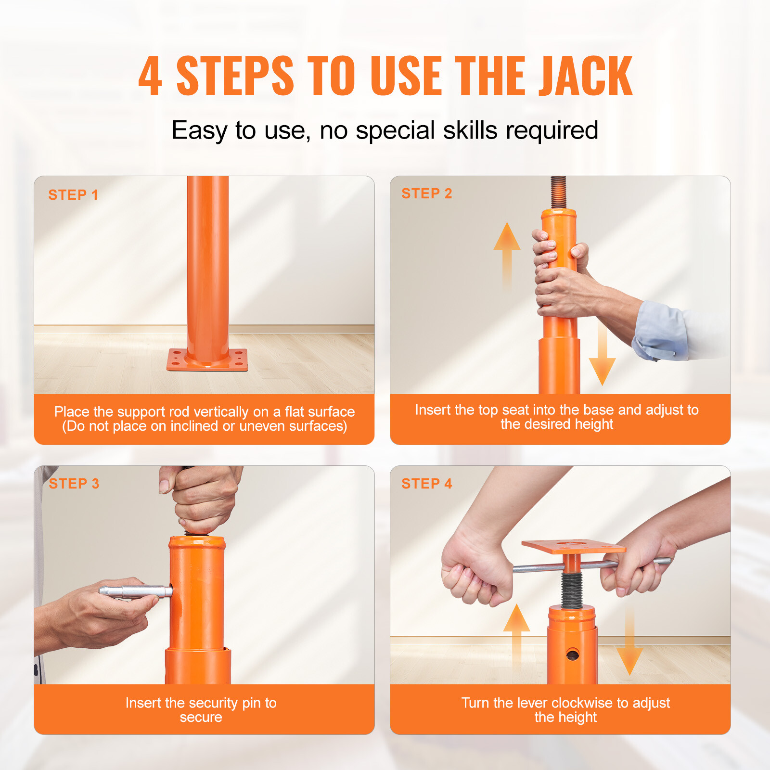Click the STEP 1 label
click(73, 195)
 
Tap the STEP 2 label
click(426, 193)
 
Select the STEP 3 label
click(74, 484)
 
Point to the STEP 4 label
click(426, 484)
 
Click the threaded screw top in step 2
click(558, 191)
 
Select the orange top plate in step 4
click(573, 547)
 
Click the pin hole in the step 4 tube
click(573, 654)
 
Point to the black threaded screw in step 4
click(572, 590)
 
